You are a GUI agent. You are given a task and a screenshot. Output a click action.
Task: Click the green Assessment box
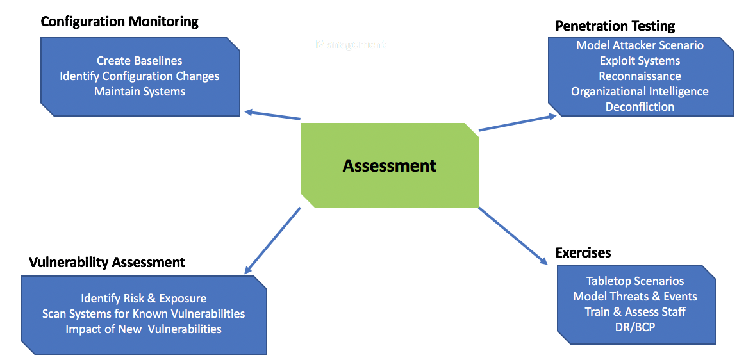(389, 165)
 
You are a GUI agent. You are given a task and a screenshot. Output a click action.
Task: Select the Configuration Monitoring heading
(119, 22)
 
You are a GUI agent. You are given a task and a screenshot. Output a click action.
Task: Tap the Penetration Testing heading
(615, 26)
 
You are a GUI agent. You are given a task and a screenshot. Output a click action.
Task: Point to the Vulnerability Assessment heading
(107, 262)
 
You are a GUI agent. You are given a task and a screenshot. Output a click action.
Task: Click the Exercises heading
(583, 252)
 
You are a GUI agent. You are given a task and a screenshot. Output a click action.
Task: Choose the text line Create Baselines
(140, 61)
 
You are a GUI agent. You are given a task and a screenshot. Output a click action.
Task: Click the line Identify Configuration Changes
(140, 76)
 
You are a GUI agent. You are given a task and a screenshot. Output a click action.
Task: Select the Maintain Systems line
(140, 92)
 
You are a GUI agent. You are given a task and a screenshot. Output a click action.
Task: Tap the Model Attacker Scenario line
(640, 45)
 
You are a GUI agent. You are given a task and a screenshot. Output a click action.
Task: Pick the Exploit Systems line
(640, 61)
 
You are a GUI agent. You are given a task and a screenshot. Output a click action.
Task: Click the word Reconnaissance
(640, 76)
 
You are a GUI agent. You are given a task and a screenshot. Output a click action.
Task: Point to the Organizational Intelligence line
(640, 92)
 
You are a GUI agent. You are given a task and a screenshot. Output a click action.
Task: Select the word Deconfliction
(640, 107)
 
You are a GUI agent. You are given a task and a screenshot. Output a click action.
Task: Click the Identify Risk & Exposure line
(144, 299)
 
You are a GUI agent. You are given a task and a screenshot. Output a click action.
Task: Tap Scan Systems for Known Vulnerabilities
(144, 314)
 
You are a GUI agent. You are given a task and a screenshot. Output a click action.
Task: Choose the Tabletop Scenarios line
(635, 281)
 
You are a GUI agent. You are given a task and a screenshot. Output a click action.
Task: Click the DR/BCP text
(635, 327)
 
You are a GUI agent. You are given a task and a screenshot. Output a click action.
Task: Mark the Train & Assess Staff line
(635, 312)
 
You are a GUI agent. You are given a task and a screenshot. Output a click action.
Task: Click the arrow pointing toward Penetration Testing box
(517, 123)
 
